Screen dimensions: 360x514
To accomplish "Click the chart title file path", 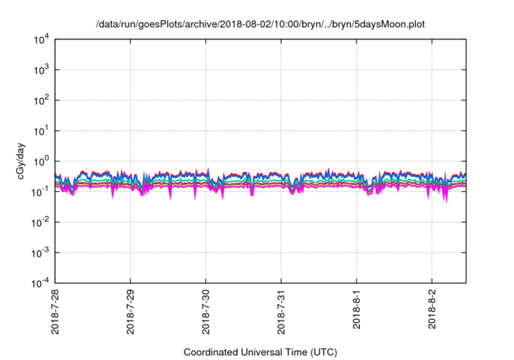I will (x=259, y=24).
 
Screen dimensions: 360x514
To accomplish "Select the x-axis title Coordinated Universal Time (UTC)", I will (x=259, y=352).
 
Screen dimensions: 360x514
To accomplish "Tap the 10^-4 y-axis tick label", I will (x=39, y=283).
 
